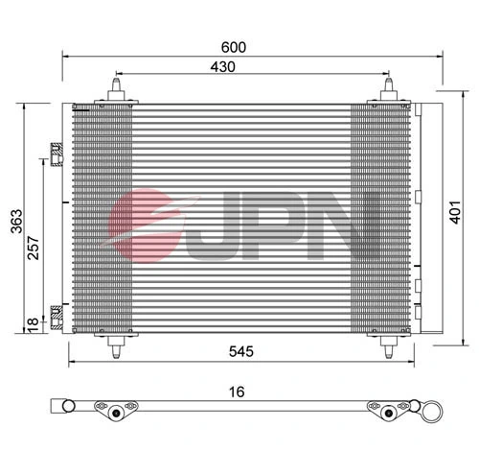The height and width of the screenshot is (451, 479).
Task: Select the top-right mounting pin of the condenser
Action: coord(389,88)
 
